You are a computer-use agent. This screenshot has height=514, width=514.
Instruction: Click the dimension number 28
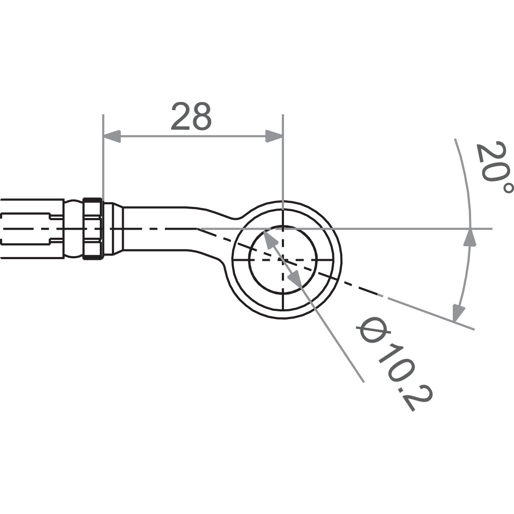point(191,117)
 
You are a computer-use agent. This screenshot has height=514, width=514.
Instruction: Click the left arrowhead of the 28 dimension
point(111,137)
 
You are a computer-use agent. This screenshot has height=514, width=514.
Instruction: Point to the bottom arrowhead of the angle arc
point(459,312)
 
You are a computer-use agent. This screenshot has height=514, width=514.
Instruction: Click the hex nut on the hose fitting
point(93,229)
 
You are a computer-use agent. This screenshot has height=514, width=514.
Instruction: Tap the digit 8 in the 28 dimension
point(201,117)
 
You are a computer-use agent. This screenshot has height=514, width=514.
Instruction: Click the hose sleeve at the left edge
point(30,229)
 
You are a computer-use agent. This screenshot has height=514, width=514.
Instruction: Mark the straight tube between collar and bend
point(158,229)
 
